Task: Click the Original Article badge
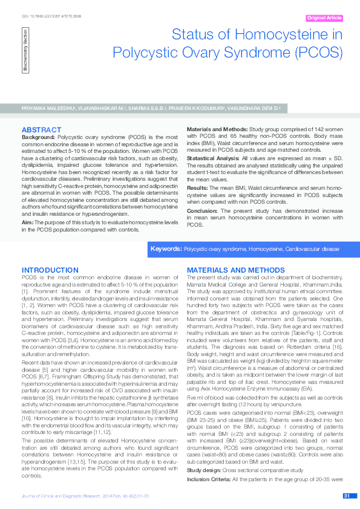pos(324,18)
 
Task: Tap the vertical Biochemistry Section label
pos(25,51)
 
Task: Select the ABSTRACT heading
pos(41,130)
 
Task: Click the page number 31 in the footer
pos(347,496)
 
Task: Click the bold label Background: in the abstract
pos(41,138)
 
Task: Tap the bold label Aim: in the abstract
pos(28,223)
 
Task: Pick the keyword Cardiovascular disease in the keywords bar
pos(313,248)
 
